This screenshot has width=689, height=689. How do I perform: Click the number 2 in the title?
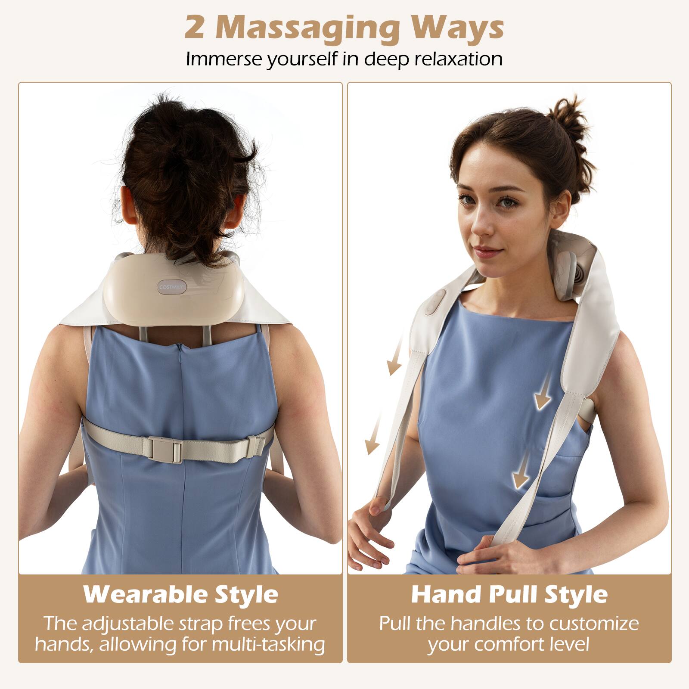pyautogui.click(x=194, y=28)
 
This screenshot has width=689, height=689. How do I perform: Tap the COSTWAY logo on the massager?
pyautogui.click(x=171, y=287)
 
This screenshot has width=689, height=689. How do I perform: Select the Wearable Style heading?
pyautogui.click(x=180, y=594)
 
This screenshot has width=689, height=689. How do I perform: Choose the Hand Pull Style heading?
pyautogui.click(x=509, y=594)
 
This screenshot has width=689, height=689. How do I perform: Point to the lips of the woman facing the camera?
pyautogui.click(x=486, y=251)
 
